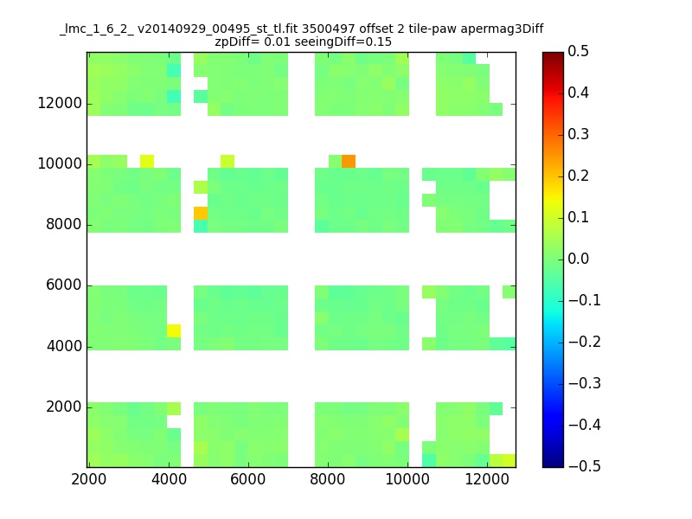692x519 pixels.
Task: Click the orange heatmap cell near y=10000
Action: click(349, 161)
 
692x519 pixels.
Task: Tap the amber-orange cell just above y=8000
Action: click(201, 213)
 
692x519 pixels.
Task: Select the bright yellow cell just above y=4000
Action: click(174, 330)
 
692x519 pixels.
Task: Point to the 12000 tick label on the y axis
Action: click(60, 103)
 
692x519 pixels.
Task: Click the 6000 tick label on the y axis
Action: click(64, 285)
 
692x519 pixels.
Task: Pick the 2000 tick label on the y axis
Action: click(64, 407)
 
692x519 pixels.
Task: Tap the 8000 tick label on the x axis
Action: click(328, 479)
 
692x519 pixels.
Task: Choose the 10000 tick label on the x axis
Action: click(407, 479)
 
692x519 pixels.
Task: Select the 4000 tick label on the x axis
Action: click(169, 479)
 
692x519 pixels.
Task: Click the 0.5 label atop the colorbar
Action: click(578, 51)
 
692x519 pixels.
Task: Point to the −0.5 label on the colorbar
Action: click(585, 466)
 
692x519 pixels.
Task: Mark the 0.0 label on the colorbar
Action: click(578, 259)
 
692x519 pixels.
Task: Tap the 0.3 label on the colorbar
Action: click(578, 134)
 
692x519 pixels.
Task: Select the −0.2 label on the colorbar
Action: click(585, 342)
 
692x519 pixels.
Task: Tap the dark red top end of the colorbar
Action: click(553, 55)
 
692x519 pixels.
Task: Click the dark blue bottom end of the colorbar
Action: click(553, 464)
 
